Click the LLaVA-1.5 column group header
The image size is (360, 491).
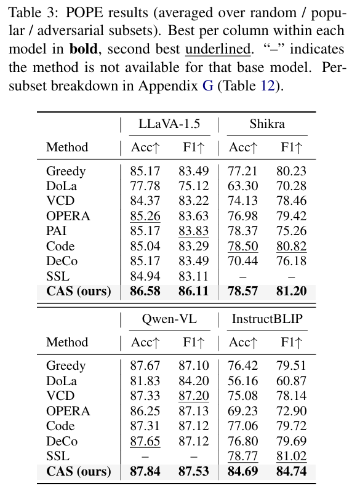coord(169,124)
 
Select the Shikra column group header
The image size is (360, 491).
coord(267,124)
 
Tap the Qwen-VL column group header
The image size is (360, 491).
coord(169,319)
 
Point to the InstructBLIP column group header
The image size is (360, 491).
coord(267,319)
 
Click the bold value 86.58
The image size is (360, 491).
coord(145,291)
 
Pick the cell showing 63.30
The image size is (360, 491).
coord(243,186)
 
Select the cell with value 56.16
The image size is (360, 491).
coord(243,381)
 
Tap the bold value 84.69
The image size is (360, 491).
coord(243,471)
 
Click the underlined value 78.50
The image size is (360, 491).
coord(243,246)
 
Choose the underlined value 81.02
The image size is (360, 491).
coord(291,457)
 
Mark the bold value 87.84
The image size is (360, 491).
coord(145,471)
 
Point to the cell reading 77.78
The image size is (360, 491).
coord(145,186)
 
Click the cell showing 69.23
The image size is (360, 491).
coord(243,411)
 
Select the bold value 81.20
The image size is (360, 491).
coord(291,291)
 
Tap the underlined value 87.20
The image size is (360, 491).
coord(194,396)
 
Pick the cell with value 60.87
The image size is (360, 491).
coord(291,381)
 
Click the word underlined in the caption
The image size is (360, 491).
coord(218,49)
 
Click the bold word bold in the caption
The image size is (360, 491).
coord(83,49)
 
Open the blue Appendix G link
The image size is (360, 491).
coord(208,86)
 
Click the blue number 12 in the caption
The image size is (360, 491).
coord(268,86)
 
